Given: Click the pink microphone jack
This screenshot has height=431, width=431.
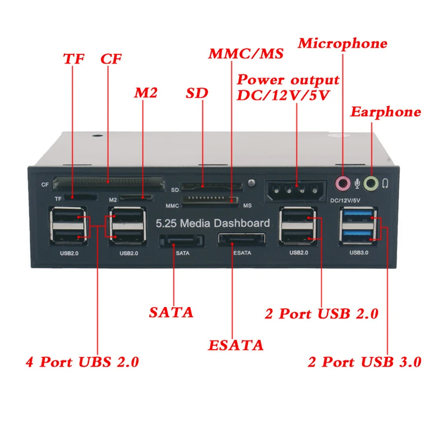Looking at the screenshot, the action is coord(343,183).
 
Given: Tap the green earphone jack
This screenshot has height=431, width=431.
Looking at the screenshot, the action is coord(371,183).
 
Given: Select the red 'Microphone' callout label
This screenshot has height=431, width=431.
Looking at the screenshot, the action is coord(343,44).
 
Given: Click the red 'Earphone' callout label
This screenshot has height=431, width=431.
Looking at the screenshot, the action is coord(385,112).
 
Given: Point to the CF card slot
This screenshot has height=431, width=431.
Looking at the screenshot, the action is coord(109,183).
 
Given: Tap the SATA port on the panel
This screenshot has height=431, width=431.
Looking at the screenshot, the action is coord(182,241).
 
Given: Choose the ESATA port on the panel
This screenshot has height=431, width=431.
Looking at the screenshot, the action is coord(241,239).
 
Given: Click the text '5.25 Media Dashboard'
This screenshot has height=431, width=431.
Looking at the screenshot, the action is coord(213,223).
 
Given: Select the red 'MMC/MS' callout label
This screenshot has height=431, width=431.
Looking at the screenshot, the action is coord(246,53).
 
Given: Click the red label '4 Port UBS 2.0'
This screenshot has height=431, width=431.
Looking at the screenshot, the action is coord(82,362).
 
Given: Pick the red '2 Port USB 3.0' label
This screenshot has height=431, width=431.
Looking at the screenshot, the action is coord(365,362).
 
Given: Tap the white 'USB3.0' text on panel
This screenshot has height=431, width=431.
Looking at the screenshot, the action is coord(359,253).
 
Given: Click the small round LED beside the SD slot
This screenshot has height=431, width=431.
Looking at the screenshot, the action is coord(251,183).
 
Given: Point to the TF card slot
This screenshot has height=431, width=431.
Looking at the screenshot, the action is coord(80,197).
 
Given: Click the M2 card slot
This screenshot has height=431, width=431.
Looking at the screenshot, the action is coord(136,197).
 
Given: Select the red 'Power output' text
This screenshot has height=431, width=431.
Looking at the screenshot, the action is coord(288,80).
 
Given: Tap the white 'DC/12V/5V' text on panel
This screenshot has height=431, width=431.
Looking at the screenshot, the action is coord(345,200).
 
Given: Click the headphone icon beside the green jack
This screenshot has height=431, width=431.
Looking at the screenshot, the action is coord(385,184).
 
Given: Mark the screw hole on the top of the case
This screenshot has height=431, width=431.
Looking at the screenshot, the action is coord(98,136).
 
